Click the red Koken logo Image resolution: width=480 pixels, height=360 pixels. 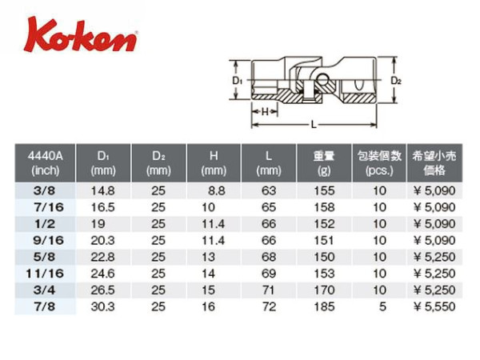(81, 35)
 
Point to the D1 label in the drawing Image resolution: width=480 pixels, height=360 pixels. (238, 81)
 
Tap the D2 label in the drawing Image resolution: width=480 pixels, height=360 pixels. (396, 81)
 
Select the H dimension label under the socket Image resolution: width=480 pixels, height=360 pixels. (265, 112)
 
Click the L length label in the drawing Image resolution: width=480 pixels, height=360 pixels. (314, 125)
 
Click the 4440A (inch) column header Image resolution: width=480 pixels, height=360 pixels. (45, 163)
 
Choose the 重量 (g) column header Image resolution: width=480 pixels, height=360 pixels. (324, 163)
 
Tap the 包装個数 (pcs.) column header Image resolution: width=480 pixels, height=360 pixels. (379, 163)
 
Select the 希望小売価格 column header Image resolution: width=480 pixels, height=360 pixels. (434, 163)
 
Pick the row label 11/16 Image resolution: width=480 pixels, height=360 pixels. (45, 274)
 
